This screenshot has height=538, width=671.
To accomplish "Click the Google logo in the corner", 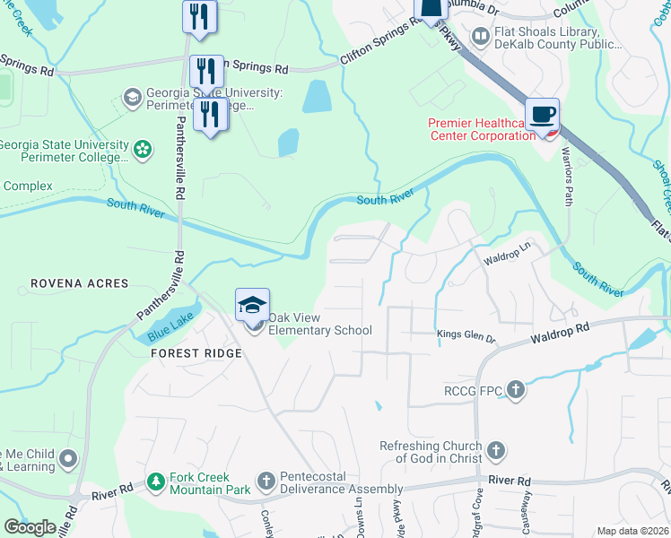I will (30, 527).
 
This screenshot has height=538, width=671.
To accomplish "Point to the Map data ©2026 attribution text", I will (632, 531).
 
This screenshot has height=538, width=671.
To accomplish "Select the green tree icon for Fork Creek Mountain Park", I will (156, 482).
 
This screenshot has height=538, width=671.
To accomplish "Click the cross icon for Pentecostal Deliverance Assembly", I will (266, 482).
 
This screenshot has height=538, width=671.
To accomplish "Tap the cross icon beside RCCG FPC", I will (515, 389).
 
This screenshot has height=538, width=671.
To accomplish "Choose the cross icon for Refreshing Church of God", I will (495, 451).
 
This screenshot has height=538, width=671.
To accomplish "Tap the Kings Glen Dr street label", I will (466, 335).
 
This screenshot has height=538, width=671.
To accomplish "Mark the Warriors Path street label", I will (567, 176).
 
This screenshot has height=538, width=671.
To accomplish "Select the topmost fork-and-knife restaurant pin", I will (199, 16).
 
